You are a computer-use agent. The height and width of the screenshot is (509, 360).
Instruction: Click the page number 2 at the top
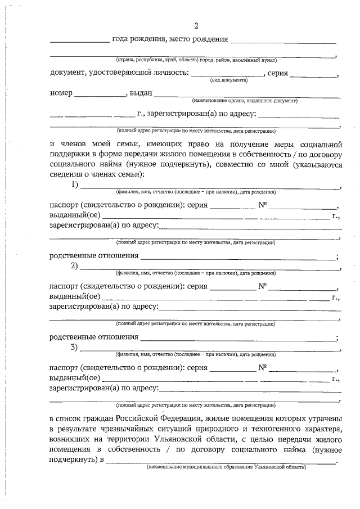[196, 26]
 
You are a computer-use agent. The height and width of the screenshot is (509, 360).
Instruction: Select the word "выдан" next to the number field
[140, 93]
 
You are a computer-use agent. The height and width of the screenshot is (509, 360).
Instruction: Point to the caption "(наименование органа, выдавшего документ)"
[244, 101]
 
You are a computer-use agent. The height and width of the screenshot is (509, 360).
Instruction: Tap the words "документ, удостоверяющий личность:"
[118, 73]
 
